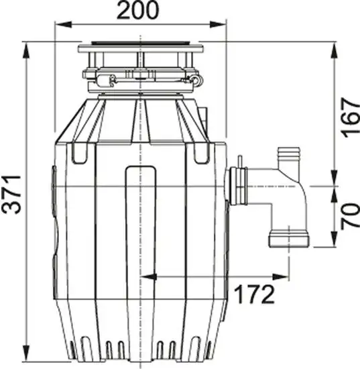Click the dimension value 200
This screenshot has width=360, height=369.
tap(138, 11)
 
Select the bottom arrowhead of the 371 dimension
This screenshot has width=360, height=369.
tap(25, 352)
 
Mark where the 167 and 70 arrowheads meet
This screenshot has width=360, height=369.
tap(333, 185)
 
